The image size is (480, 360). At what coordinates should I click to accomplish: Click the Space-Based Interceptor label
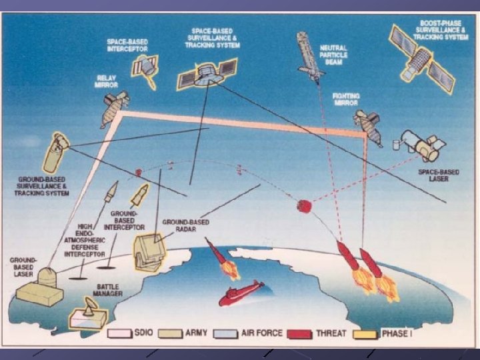[127, 45]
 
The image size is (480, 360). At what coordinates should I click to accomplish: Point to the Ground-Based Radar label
[186, 226]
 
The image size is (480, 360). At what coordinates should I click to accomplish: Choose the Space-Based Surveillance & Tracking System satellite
[207, 73]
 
